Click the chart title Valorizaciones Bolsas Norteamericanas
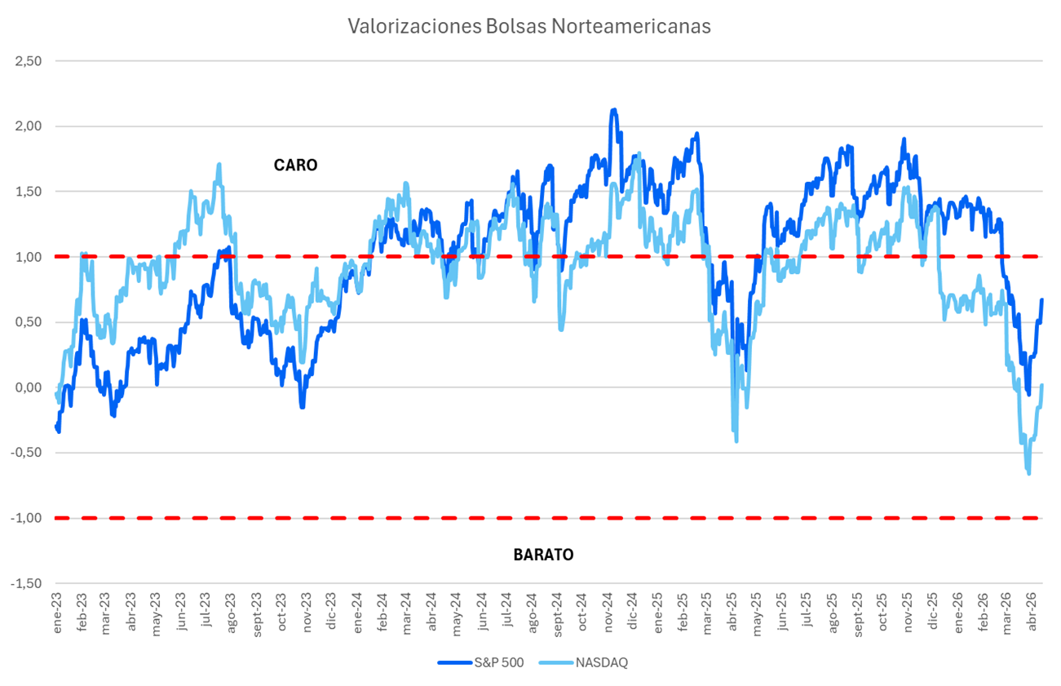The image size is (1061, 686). click(x=529, y=25)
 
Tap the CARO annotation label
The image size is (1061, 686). click(x=295, y=165)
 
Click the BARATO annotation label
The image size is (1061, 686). click(x=543, y=555)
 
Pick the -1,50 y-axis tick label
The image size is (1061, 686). click(x=27, y=583)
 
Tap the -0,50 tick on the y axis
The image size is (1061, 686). click(x=27, y=453)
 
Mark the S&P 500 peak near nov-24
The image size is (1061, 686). click(x=613, y=109)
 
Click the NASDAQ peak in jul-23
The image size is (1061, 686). click(x=219, y=164)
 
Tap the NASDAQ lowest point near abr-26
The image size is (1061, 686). click(x=1028, y=473)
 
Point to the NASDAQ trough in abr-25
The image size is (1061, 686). click(x=736, y=441)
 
